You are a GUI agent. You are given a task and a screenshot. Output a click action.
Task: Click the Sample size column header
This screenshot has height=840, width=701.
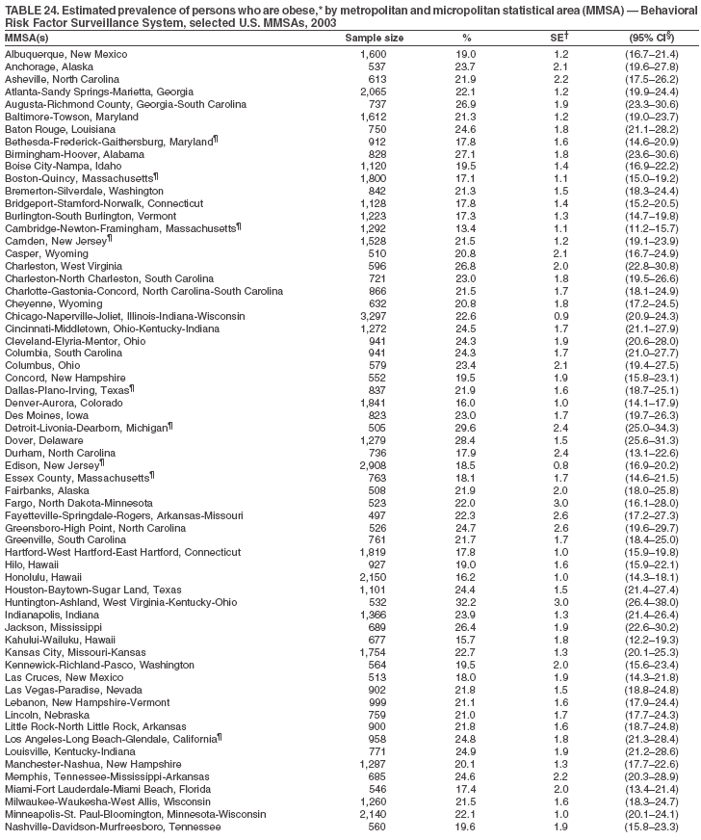click(x=375, y=38)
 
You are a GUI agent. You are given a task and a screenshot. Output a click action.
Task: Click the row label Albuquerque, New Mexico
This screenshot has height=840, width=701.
click(x=64, y=55)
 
